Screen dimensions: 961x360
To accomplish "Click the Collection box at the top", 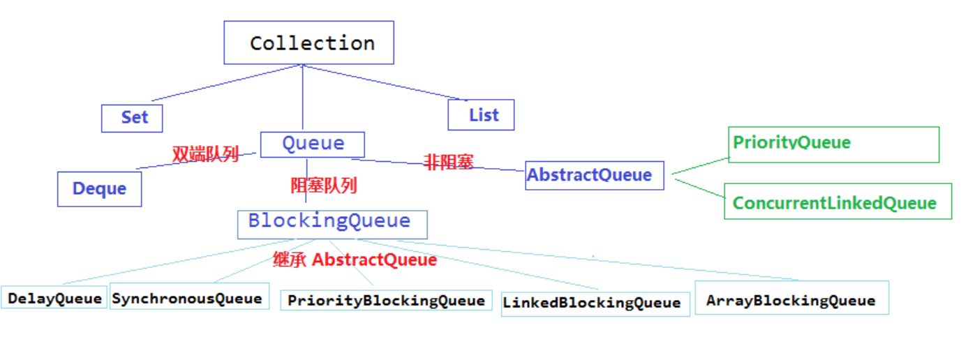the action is click(x=309, y=43).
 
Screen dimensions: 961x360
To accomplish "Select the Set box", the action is click(x=132, y=119).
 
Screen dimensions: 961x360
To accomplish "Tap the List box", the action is click(x=481, y=114).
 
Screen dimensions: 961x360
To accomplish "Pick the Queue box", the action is click(x=313, y=144).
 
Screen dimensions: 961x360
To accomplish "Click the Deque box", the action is click(x=100, y=189).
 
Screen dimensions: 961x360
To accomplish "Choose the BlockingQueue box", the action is click(x=332, y=225).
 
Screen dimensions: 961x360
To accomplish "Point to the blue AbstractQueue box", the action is click(x=595, y=176).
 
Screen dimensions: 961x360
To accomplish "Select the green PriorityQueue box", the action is click(x=833, y=144).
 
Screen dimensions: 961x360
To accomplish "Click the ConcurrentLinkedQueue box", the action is click(x=838, y=201).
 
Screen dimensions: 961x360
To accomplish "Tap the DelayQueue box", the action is click(x=54, y=297).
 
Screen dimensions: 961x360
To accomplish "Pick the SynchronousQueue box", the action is click(x=190, y=296).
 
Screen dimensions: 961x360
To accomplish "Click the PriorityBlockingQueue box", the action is click(x=386, y=301).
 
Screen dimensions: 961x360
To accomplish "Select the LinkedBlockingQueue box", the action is click(x=595, y=304).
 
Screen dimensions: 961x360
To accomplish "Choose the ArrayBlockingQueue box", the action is click(x=792, y=298).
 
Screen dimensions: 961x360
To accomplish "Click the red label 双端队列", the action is click(x=205, y=154).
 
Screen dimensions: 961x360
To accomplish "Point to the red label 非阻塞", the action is click(x=449, y=162).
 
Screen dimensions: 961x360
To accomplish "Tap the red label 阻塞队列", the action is click(x=324, y=186).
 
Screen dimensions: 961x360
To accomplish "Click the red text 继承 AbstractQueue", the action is click(x=355, y=260).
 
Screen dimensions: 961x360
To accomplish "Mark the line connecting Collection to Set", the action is click(x=227, y=83).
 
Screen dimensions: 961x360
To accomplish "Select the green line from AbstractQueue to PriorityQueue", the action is click(x=701, y=166).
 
